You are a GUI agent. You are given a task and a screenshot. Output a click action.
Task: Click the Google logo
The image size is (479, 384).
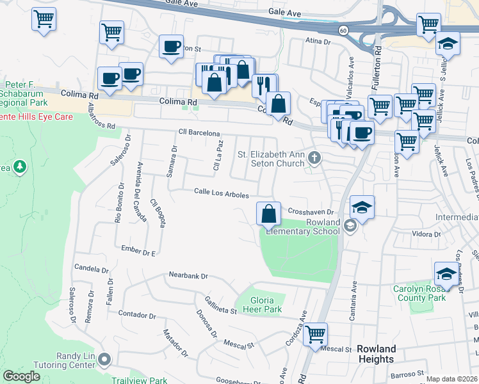(21, 376)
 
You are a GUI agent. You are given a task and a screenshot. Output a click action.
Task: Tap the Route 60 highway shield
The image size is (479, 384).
(343, 29)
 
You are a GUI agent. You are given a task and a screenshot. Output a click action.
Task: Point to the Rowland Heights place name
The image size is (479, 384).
(376, 354)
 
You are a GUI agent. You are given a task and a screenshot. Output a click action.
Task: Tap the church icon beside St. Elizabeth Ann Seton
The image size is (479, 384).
(314, 157)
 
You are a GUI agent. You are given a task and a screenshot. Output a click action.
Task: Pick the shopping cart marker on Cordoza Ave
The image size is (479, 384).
(315, 333)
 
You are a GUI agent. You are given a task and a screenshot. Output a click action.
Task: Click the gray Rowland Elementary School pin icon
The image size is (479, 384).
(350, 225)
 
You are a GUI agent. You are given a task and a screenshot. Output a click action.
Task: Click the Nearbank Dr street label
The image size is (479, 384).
(188, 276)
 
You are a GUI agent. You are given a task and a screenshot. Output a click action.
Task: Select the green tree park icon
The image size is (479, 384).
(20, 166)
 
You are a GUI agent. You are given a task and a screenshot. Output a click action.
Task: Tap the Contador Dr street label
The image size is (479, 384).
(138, 315)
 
